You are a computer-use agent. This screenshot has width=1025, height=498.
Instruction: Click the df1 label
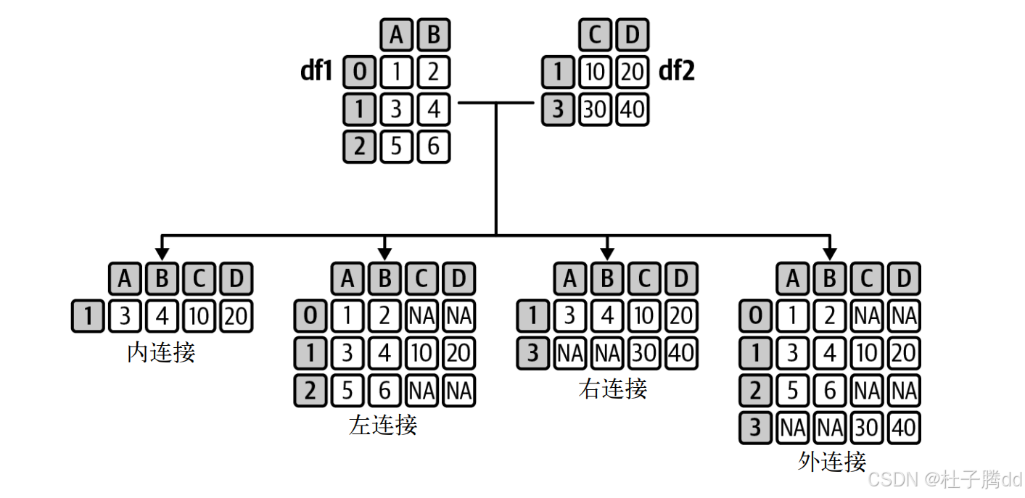(x=316, y=72)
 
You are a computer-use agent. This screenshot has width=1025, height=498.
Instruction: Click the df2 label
(x=676, y=72)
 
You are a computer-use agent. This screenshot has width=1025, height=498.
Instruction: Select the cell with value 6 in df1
(x=434, y=147)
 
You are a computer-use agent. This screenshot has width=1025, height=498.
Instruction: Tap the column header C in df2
(x=595, y=34)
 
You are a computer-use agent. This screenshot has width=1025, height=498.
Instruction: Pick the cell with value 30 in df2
(x=595, y=110)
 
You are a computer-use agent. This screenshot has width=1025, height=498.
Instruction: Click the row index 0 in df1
(x=359, y=72)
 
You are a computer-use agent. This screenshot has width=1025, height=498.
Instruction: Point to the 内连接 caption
(x=161, y=353)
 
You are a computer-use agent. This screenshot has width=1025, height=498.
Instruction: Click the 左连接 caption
(x=383, y=424)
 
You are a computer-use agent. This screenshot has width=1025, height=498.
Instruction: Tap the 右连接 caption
(x=612, y=389)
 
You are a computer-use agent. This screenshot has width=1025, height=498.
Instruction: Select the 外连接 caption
(x=831, y=461)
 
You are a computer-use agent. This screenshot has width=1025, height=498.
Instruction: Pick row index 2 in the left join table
(x=310, y=391)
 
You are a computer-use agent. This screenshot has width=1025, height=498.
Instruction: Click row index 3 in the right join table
(x=533, y=354)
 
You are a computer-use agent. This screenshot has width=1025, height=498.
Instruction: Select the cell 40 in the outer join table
(x=903, y=428)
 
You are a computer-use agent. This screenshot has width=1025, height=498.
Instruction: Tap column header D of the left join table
(x=458, y=278)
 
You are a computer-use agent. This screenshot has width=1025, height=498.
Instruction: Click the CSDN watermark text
(x=944, y=479)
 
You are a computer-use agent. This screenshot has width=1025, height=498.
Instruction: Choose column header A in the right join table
(x=570, y=278)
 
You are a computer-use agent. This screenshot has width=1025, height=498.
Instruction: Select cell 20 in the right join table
(x=680, y=317)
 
